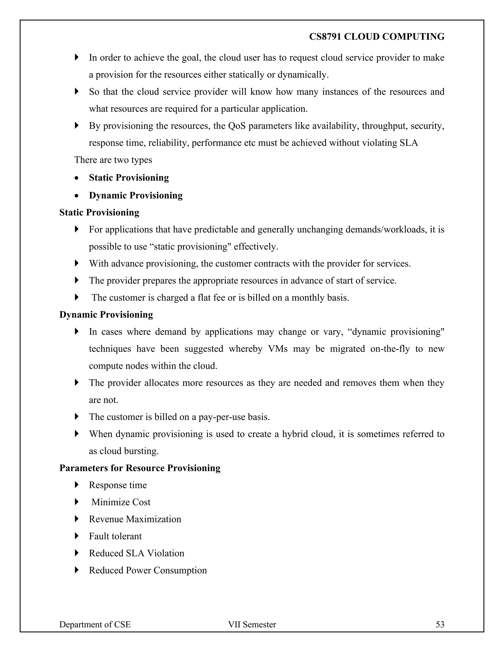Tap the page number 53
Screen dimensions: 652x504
point(440,624)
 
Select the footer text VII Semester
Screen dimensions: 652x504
point(252,624)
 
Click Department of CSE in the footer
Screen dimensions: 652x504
point(95,624)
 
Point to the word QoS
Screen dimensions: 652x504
point(237,126)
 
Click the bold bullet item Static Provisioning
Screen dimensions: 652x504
point(129,178)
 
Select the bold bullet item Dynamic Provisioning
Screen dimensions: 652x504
point(136,195)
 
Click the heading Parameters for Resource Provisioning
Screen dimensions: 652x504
point(140,468)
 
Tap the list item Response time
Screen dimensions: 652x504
point(118,485)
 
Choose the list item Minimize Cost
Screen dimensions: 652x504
point(121,502)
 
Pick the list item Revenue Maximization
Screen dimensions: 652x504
point(135,519)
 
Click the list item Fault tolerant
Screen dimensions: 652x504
point(115,536)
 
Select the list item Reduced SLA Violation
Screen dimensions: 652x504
point(136,553)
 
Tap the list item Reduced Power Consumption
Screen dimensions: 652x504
point(148,570)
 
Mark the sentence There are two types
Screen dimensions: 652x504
point(113,160)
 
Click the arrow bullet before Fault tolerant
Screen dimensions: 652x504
point(77,536)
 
